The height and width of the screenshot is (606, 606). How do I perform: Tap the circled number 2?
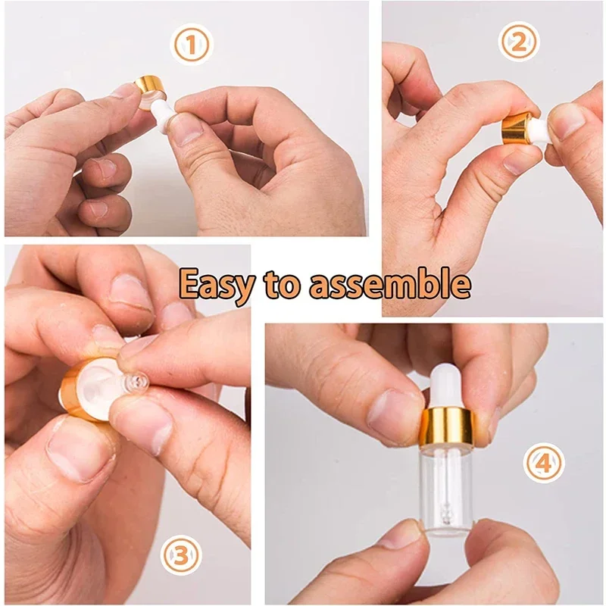click(519, 42)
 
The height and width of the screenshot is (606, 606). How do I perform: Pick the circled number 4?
click(545, 461)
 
